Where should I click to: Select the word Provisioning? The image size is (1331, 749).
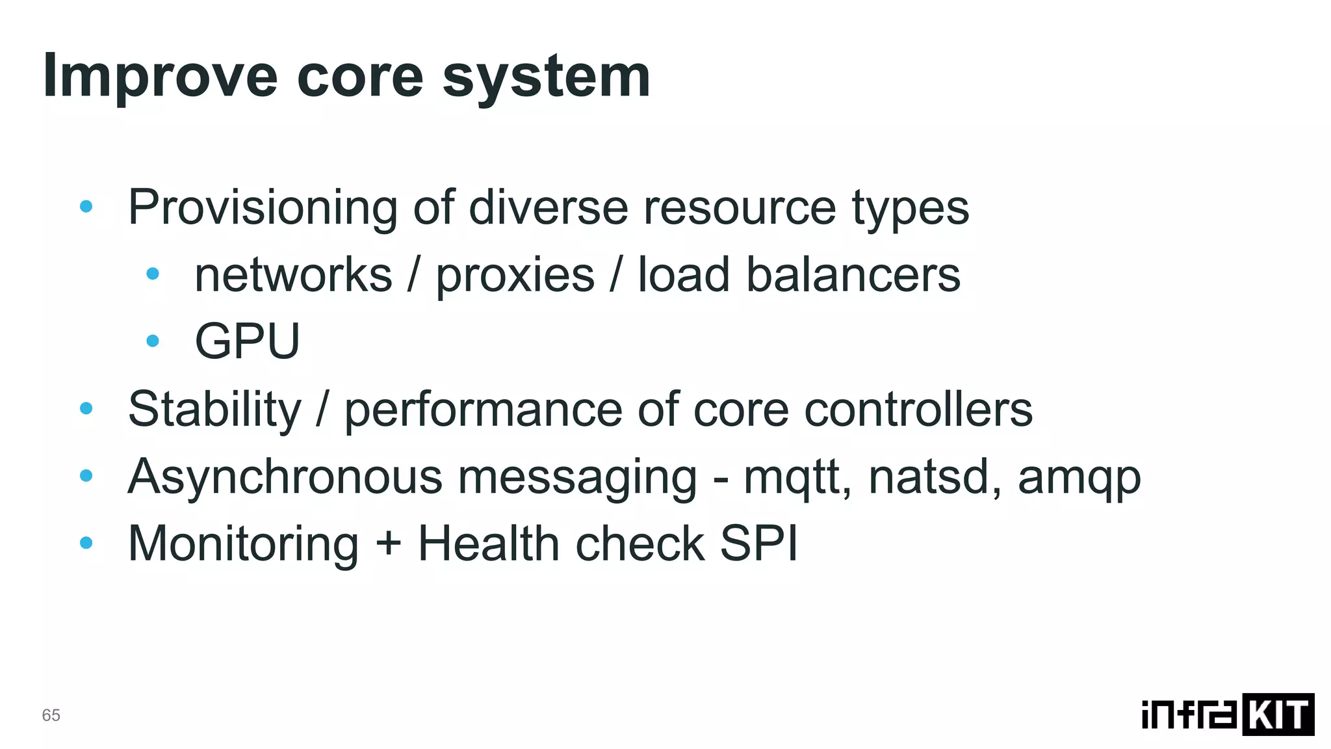tap(263, 208)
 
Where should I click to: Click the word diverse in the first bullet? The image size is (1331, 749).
tap(548, 208)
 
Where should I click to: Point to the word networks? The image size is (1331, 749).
tap(293, 275)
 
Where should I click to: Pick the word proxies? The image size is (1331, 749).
tap(515, 275)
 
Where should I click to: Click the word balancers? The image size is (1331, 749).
tap(853, 275)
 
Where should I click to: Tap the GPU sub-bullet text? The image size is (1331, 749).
tap(247, 341)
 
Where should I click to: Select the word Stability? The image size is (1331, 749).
tap(214, 410)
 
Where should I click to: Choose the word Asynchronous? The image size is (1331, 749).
tap(285, 477)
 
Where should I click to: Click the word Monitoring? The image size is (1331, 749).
tap(243, 544)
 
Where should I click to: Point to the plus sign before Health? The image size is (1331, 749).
tap(388, 544)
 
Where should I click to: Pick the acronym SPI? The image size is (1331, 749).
tap(758, 544)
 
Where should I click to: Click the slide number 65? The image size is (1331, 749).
tap(51, 715)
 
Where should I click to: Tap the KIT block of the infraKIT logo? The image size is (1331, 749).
tap(1278, 715)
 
